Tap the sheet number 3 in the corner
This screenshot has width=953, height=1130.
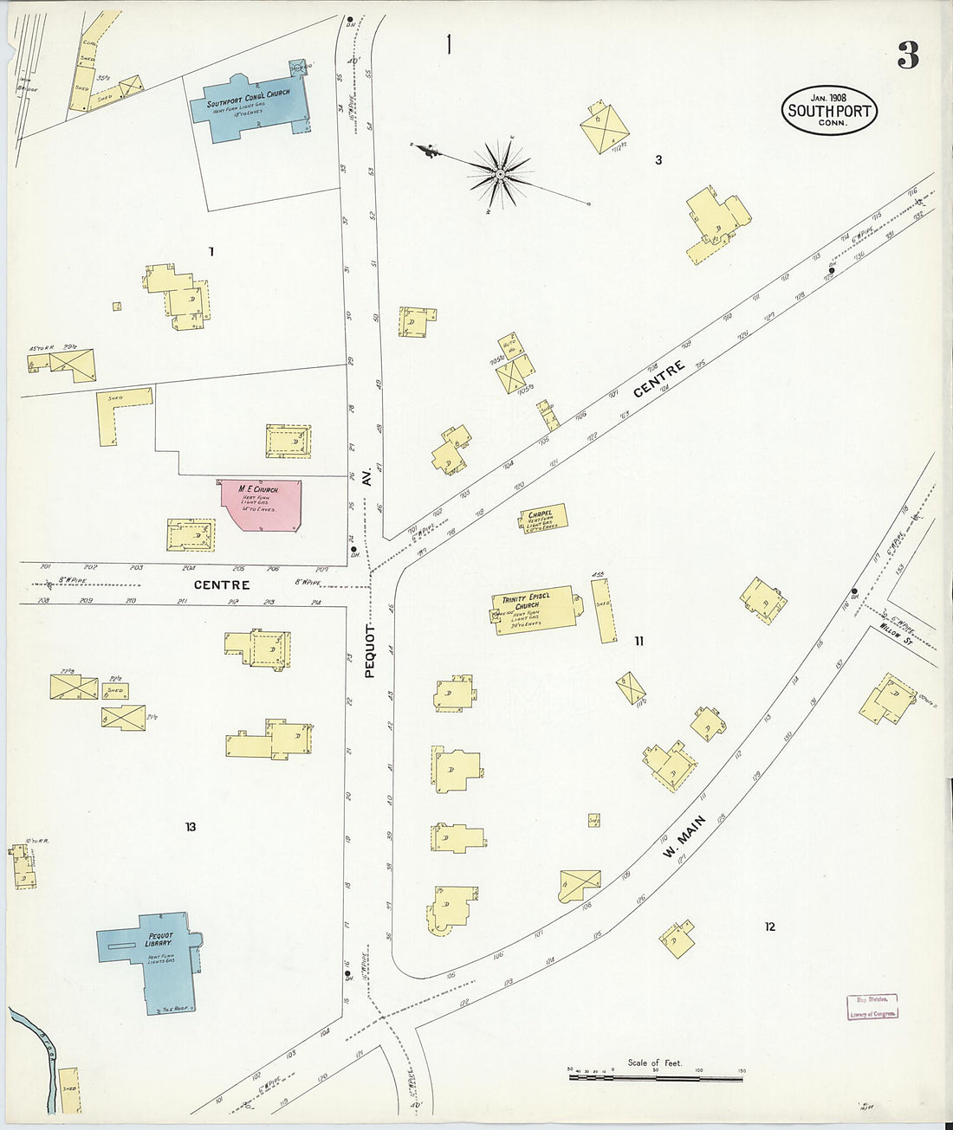pyautogui.click(x=907, y=55)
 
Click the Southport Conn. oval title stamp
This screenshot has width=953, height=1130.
pyautogui.click(x=830, y=110)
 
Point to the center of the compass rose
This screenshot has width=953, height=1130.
pyautogui.click(x=500, y=174)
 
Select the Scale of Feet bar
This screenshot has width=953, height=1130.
pyautogui.click(x=655, y=1078)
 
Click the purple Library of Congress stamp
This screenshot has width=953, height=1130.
pyautogui.click(x=872, y=1006)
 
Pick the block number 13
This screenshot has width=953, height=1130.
pyautogui.click(x=190, y=827)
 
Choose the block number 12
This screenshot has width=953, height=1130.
pyautogui.click(x=769, y=927)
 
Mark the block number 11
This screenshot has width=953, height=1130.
pyautogui.click(x=639, y=641)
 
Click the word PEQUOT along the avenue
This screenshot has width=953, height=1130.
pyautogui.click(x=369, y=649)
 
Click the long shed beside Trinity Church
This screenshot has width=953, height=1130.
pyautogui.click(x=604, y=610)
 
